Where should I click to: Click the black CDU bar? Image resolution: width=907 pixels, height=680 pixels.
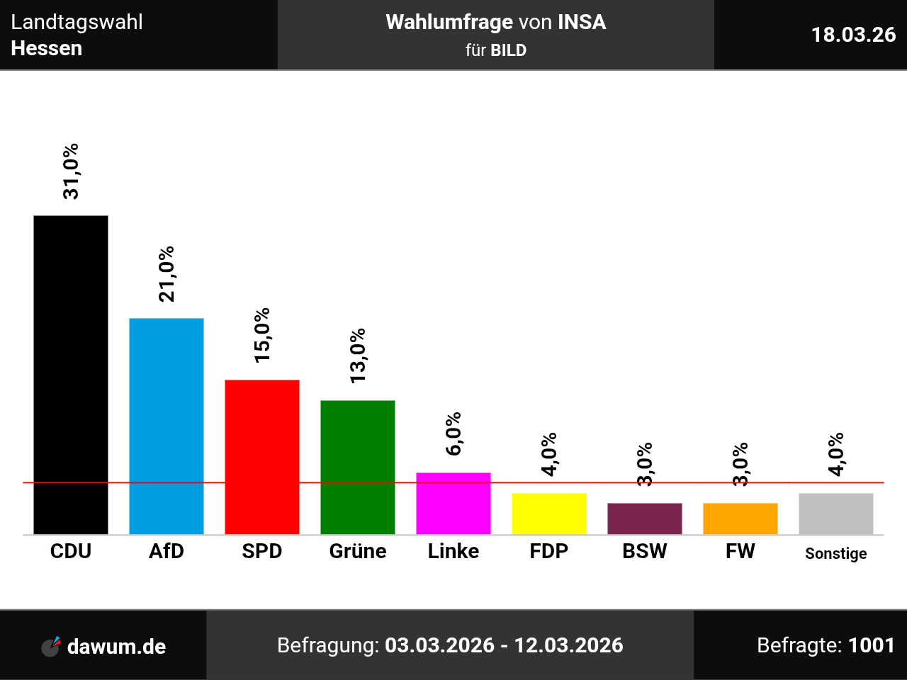click(71, 375)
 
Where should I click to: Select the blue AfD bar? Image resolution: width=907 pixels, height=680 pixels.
click(167, 426)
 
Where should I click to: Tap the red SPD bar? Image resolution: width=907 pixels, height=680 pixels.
click(262, 457)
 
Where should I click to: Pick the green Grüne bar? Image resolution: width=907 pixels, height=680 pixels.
click(358, 467)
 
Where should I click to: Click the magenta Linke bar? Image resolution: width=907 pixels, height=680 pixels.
click(453, 503)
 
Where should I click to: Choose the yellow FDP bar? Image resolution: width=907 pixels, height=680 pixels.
click(549, 514)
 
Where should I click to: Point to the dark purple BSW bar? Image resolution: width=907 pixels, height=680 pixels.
click(645, 518)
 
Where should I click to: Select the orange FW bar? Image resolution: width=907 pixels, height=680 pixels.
click(740, 518)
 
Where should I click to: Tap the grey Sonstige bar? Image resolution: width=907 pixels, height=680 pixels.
click(836, 514)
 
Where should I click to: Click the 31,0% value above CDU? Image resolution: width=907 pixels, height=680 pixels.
click(71, 171)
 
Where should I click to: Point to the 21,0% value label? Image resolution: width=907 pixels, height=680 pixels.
click(167, 274)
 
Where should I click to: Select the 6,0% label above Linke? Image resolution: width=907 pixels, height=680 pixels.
click(453, 433)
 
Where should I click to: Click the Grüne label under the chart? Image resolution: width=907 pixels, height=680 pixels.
click(358, 551)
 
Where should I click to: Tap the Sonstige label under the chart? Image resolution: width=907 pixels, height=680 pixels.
click(836, 553)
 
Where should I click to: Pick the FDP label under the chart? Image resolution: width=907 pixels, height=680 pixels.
click(549, 551)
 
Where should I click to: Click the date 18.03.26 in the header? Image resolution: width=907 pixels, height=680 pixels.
click(853, 35)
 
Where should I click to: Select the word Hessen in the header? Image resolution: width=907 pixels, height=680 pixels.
click(47, 48)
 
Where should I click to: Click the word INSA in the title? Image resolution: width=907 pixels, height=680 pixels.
click(582, 22)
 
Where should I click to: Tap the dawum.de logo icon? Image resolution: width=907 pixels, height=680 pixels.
click(51, 646)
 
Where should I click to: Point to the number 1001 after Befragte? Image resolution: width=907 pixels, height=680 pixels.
click(872, 645)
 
